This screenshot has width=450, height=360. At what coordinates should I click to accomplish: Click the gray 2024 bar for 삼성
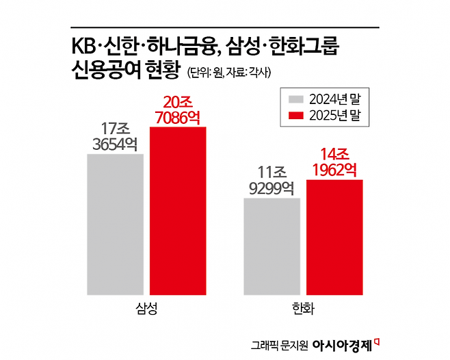tap(115, 224)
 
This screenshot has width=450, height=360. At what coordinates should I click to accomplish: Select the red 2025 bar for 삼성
tap(177, 210)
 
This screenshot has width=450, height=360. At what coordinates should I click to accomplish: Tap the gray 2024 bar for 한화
tap(272, 246)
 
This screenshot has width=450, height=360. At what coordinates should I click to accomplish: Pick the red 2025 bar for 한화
tap(334, 237)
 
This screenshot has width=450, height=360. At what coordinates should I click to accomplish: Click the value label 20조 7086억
tap(177, 110)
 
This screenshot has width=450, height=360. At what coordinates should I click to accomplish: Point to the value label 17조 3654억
tap(115, 137)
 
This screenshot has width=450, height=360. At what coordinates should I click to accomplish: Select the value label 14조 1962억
tap(334, 163)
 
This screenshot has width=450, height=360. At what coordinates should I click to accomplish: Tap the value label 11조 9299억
tap(272, 181)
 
